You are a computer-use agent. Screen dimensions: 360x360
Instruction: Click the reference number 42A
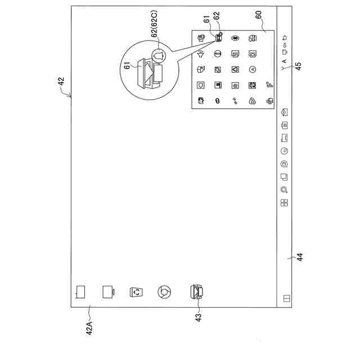coord(89,327)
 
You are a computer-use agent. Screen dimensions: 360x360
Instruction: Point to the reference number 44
coord(300,257)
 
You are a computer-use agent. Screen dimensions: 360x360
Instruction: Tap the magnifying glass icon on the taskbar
coord(285,190)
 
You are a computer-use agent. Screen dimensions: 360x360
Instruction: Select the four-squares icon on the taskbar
coord(285,203)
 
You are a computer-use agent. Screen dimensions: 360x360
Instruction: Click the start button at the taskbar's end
coord(285,298)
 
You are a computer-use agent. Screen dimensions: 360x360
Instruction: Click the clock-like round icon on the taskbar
coord(285,150)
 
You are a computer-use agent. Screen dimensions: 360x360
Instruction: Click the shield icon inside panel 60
coord(201,85)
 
